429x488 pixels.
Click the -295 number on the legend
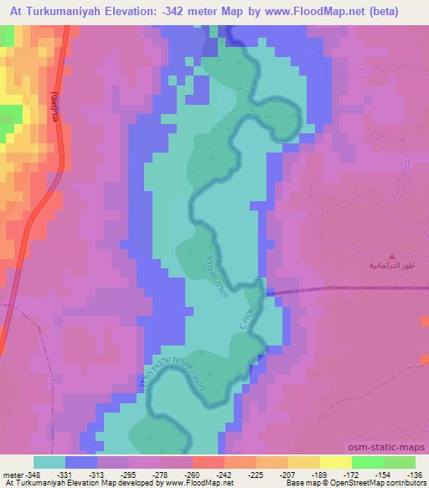(144, 474)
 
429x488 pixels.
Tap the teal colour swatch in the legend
(49, 462)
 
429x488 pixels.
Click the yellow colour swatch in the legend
(334, 462)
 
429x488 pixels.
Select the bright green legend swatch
(367, 462)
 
